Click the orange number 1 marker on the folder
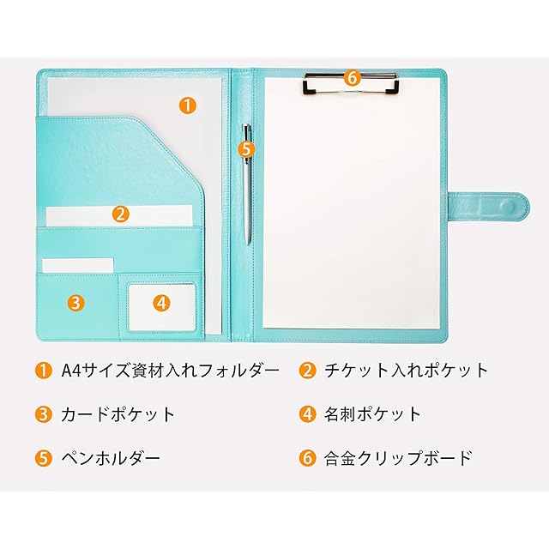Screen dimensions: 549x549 (x=187, y=106)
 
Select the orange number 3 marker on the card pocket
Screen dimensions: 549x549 (x=75, y=302)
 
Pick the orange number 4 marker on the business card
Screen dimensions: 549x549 (x=162, y=302)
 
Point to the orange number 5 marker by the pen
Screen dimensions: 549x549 (x=246, y=148)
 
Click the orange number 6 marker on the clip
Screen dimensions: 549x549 (x=350, y=77)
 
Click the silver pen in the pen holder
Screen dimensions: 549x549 (x=247, y=197)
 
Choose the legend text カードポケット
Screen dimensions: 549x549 (x=118, y=414)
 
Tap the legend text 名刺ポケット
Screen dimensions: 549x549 (x=372, y=414)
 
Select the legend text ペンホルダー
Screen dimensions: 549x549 (x=110, y=458)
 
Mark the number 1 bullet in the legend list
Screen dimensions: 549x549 (x=43, y=371)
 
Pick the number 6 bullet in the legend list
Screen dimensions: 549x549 (x=307, y=458)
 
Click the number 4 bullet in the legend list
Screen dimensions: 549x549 (x=307, y=414)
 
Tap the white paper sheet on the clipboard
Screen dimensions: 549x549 (x=352, y=214)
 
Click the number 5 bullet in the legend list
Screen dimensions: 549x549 (x=43, y=458)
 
